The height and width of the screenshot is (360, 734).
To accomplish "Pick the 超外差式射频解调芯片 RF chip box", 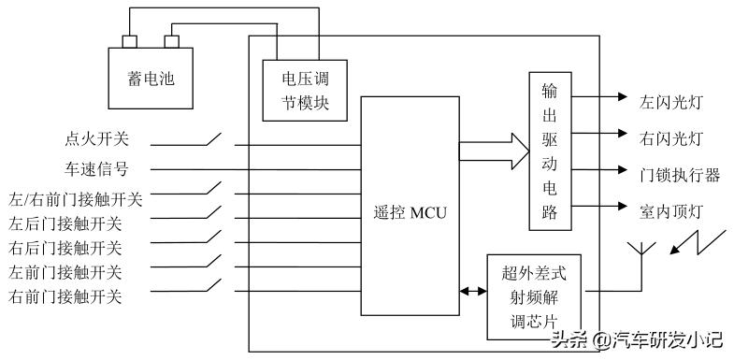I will pyautogui.click(x=534, y=295).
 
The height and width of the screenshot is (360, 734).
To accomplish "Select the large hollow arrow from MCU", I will pyautogui.click(x=494, y=151).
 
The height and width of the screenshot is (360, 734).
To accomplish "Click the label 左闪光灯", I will pyautogui.click(x=671, y=97).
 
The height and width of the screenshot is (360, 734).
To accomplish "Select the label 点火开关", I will pyautogui.click(x=96, y=139).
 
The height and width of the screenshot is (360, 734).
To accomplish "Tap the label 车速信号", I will pyautogui.click(x=96, y=169).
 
